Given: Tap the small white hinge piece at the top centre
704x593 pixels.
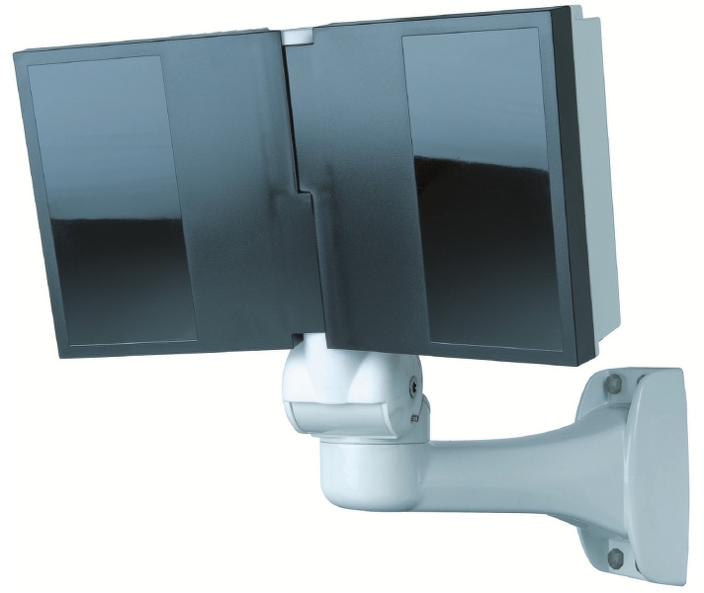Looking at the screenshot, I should [296, 37].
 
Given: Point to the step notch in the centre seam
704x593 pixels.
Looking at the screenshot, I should [308, 188].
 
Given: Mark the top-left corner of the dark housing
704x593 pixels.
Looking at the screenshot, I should [18, 55].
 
